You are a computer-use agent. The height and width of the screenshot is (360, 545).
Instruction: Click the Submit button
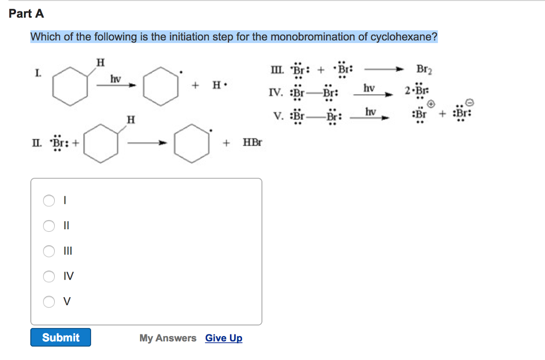(61, 338)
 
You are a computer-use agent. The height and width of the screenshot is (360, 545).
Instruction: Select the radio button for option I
(49, 200)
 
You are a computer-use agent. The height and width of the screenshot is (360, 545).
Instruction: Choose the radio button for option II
(49, 226)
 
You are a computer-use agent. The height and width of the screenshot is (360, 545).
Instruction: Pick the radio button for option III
(49, 251)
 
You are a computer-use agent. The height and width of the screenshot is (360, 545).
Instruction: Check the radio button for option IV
(49, 276)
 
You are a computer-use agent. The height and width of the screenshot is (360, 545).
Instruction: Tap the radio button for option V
(49, 302)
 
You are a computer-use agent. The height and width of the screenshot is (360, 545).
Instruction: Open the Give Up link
(224, 338)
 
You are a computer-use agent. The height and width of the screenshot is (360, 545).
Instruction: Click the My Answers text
(168, 338)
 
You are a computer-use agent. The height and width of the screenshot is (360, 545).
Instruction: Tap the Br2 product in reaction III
(424, 69)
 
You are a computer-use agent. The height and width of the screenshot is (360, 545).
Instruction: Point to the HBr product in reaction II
(252, 143)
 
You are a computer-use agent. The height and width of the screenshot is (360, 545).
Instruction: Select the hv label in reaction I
(115, 79)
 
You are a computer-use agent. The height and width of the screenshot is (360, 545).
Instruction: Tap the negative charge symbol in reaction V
(469, 103)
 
